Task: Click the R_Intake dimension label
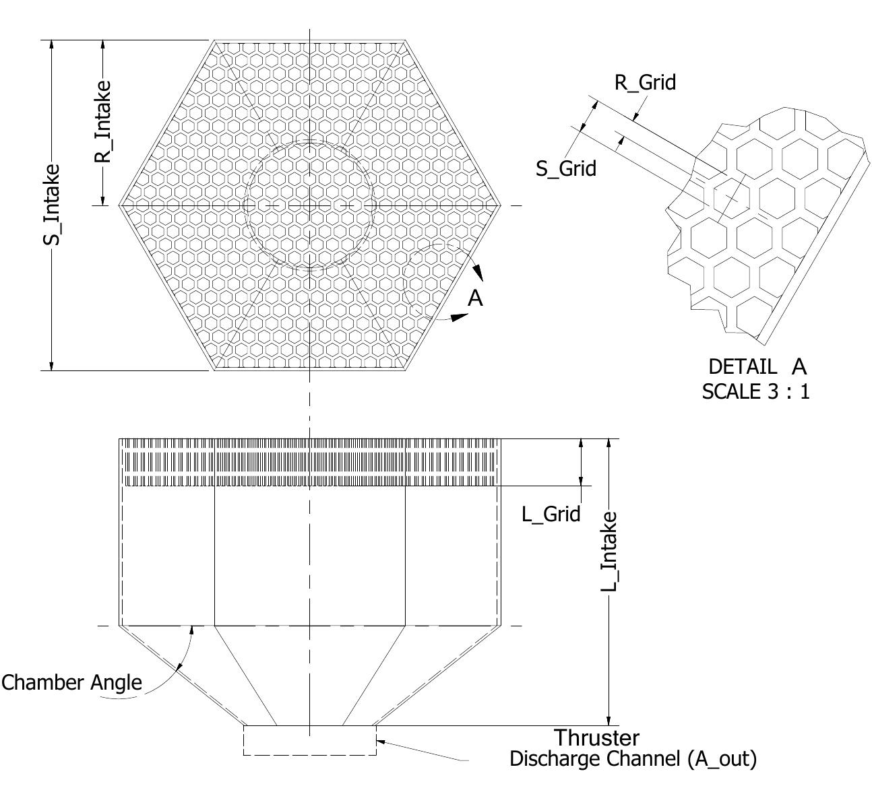point(102,121)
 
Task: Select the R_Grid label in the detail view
point(644,82)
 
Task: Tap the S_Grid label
point(565,168)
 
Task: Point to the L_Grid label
point(551,515)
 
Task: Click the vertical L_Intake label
point(609,552)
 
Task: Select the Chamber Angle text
point(71,682)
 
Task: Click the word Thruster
point(596,737)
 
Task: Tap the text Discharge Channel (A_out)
point(632,759)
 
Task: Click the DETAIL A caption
point(756,367)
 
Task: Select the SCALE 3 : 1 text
point(755,391)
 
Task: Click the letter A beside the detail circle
point(475,298)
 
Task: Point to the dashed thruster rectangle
point(309,748)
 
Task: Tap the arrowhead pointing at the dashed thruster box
point(381,742)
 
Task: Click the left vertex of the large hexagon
point(120,205)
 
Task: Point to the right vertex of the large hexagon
point(500,205)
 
